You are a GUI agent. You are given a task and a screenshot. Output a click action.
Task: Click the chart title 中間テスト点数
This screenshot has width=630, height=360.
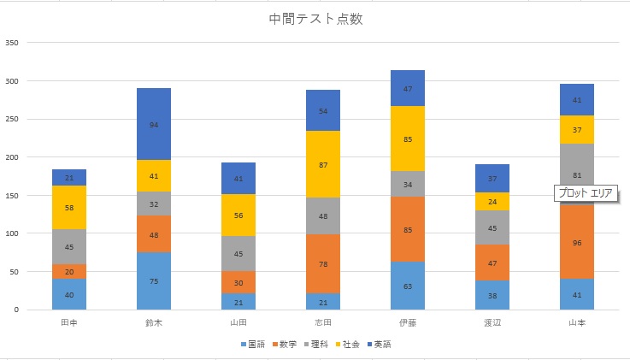(x=315, y=20)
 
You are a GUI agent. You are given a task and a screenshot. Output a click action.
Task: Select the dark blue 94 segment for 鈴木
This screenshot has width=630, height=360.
(x=154, y=124)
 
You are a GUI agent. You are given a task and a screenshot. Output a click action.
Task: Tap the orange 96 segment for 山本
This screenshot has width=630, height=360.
(x=577, y=242)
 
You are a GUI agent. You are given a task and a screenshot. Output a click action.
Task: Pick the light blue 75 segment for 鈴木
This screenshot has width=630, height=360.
(x=154, y=280)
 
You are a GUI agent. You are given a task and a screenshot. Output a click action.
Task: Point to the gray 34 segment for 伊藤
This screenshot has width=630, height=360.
(x=407, y=184)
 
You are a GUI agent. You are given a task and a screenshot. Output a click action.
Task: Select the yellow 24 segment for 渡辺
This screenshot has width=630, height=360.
(x=492, y=202)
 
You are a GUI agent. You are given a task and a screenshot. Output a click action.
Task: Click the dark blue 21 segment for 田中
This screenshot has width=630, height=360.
(x=69, y=177)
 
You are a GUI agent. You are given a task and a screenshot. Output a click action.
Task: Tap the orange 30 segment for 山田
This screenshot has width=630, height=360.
(x=238, y=283)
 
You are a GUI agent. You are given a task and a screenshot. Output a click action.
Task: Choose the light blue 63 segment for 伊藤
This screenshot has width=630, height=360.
(x=407, y=286)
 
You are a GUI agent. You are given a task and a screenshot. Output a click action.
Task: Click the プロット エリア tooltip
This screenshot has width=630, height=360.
(x=586, y=193)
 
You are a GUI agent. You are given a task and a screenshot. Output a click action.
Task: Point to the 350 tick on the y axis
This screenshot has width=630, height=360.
(x=12, y=42)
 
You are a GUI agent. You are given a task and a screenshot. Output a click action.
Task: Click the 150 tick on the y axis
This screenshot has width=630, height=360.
(x=12, y=195)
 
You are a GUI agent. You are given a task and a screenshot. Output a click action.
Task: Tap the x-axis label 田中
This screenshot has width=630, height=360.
(x=69, y=323)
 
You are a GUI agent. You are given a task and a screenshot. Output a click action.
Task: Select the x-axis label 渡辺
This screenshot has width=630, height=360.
(x=492, y=323)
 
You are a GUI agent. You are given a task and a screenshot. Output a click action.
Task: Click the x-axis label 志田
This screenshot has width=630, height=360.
(x=323, y=323)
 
